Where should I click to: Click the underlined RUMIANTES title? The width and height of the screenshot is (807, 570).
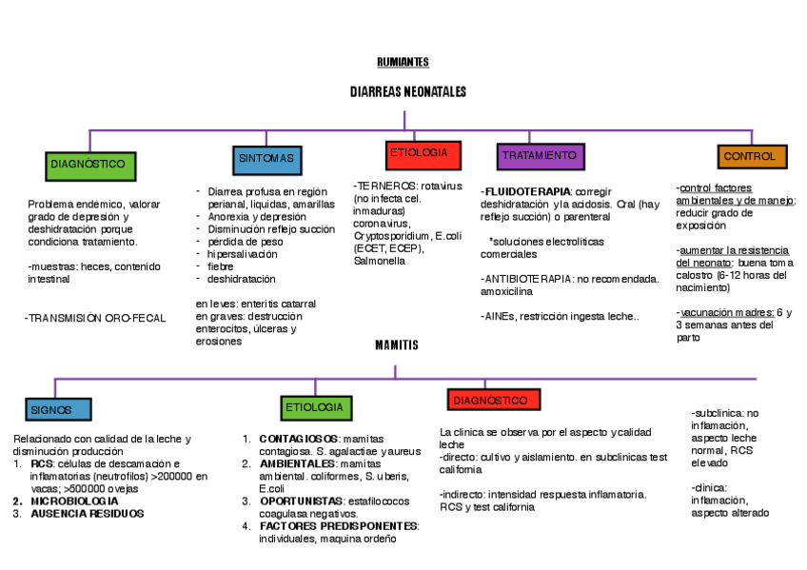[x=403, y=62]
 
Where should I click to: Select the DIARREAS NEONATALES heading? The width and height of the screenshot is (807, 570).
[x=407, y=92]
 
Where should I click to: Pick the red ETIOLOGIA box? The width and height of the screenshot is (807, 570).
[x=419, y=154]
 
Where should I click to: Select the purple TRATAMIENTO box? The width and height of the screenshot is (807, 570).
[x=539, y=156]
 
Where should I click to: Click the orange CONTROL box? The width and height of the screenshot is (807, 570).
[x=751, y=156]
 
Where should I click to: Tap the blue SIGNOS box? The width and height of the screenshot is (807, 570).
[x=58, y=410]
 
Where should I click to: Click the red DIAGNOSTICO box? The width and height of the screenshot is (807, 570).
[x=492, y=402]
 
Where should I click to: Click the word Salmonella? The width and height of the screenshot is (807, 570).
[x=379, y=261]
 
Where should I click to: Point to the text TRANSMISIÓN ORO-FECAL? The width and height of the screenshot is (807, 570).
[x=95, y=318]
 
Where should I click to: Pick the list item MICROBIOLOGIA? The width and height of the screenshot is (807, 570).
[x=74, y=501]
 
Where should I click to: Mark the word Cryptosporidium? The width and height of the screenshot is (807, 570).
[x=389, y=235]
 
